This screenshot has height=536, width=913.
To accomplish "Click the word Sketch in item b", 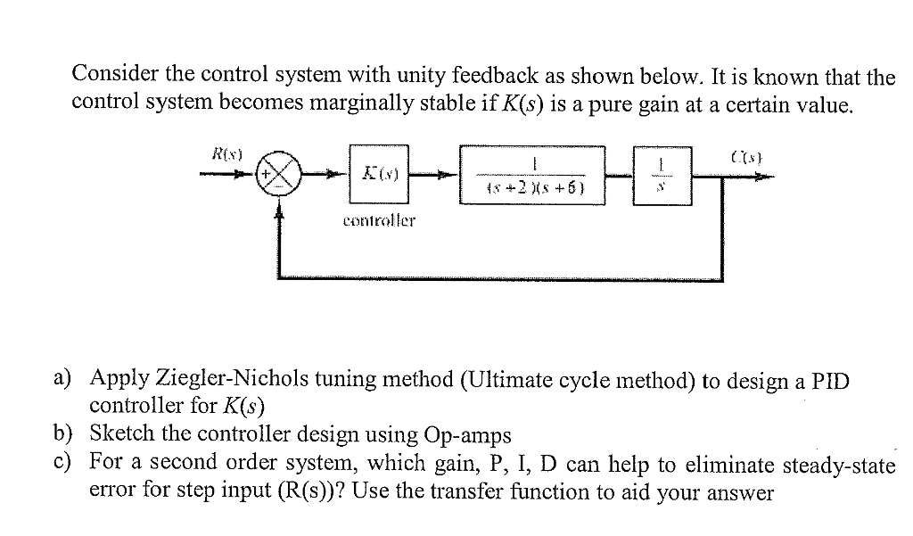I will [x=123, y=434].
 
